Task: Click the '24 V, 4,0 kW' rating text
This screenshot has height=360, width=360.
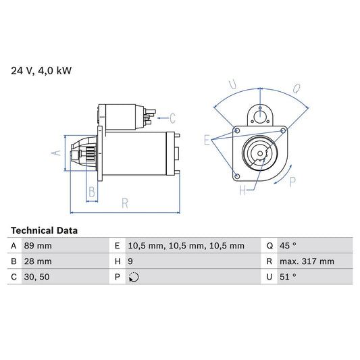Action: (x=38, y=70)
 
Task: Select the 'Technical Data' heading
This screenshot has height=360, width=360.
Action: (x=45, y=230)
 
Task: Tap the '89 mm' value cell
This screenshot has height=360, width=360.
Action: (x=38, y=246)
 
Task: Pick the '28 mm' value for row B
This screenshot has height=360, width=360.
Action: (x=38, y=261)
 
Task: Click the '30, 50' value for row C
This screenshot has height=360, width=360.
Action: (x=36, y=277)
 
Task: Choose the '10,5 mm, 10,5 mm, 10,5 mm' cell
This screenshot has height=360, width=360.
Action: (x=186, y=246)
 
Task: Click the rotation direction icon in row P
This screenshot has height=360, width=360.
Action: (x=134, y=277)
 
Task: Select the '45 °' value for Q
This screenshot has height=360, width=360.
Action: (x=288, y=246)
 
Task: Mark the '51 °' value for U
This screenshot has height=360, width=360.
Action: (x=288, y=277)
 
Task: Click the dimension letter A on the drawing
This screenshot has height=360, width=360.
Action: (x=57, y=153)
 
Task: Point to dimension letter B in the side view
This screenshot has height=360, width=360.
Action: (x=92, y=191)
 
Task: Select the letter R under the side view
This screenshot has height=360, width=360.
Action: (x=125, y=202)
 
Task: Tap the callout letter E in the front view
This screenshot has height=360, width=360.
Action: (x=207, y=140)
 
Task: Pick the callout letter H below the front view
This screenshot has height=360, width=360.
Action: (x=242, y=190)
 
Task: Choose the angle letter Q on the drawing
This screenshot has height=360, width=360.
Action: (x=298, y=87)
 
